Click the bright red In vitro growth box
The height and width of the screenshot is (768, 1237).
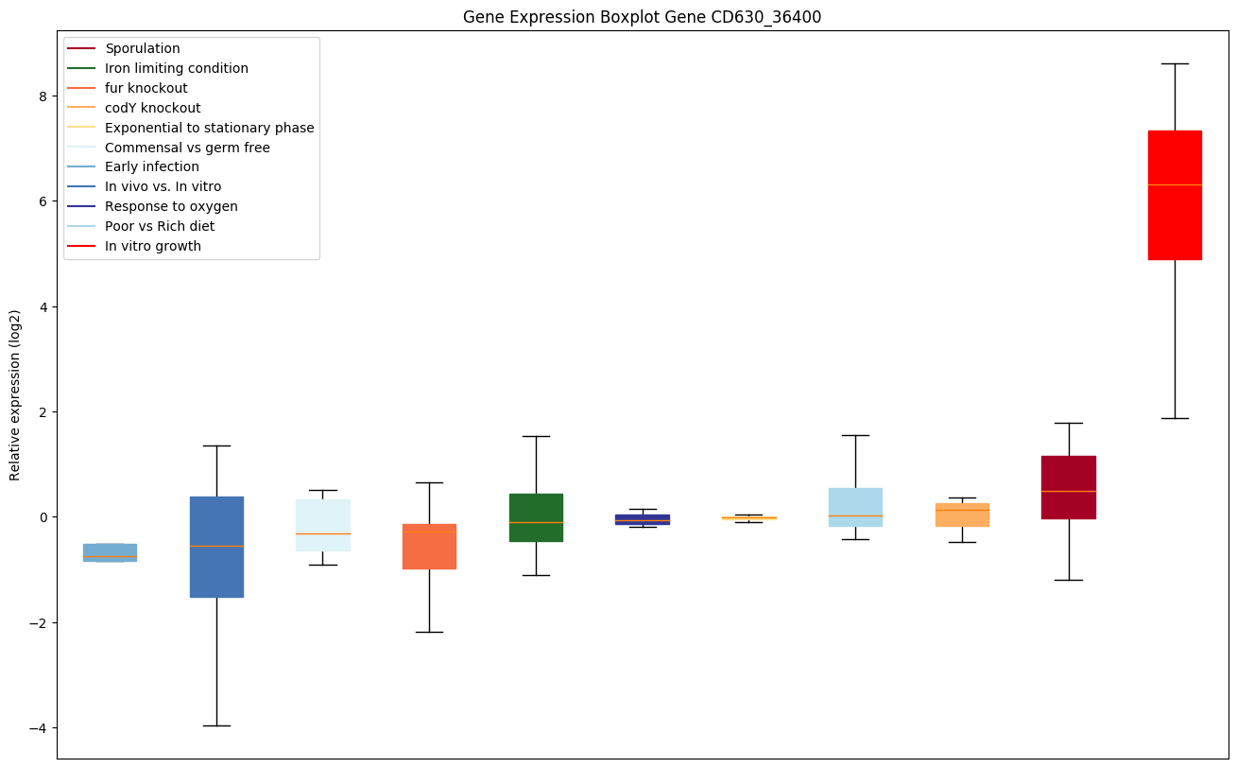[x=1175, y=195]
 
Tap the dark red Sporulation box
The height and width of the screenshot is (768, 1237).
[x=1068, y=487]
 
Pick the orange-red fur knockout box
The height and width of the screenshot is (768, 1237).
[x=429, y=547]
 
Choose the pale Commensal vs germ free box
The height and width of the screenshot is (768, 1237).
[x=323, y=525]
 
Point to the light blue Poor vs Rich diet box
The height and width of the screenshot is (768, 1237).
[x=855, y=507]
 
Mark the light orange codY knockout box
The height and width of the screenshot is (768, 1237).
[x=962, y=515]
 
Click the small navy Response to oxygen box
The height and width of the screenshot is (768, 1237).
[x=643, y=519]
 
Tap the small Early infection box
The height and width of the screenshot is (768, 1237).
[x=110, y=552]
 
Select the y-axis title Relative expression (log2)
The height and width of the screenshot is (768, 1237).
[x=15, y=394]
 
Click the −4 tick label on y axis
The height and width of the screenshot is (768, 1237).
[x=36, y=728]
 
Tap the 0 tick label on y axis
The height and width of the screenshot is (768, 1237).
[x=43, y=517]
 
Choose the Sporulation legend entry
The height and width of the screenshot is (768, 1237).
[x=143, y=48]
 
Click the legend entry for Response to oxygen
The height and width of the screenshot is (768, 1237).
[x=171, y=206]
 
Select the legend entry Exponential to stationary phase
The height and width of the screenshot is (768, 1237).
[x=209, y=128]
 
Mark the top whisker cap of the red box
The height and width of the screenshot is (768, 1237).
[x=1175, y=63]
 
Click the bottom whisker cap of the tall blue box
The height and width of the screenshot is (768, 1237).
[x=216, y=725]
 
